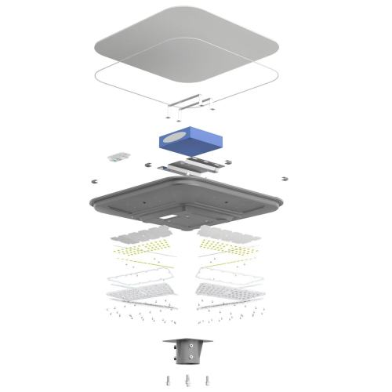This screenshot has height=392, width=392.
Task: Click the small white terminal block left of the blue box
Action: coord(120,156)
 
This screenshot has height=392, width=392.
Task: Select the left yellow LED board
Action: coord(149,250)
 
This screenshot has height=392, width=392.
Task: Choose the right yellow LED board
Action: coord(227,249)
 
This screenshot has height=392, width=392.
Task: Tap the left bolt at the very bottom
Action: coord(169,380)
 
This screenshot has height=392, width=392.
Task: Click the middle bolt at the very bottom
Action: coord(189,380)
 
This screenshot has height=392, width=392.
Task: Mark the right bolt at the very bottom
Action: coord(207,380)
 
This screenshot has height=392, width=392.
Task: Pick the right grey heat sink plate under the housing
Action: coord(228,233)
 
